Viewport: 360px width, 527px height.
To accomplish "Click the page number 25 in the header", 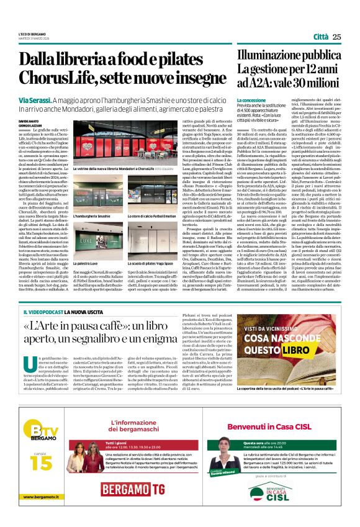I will [337, 37].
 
